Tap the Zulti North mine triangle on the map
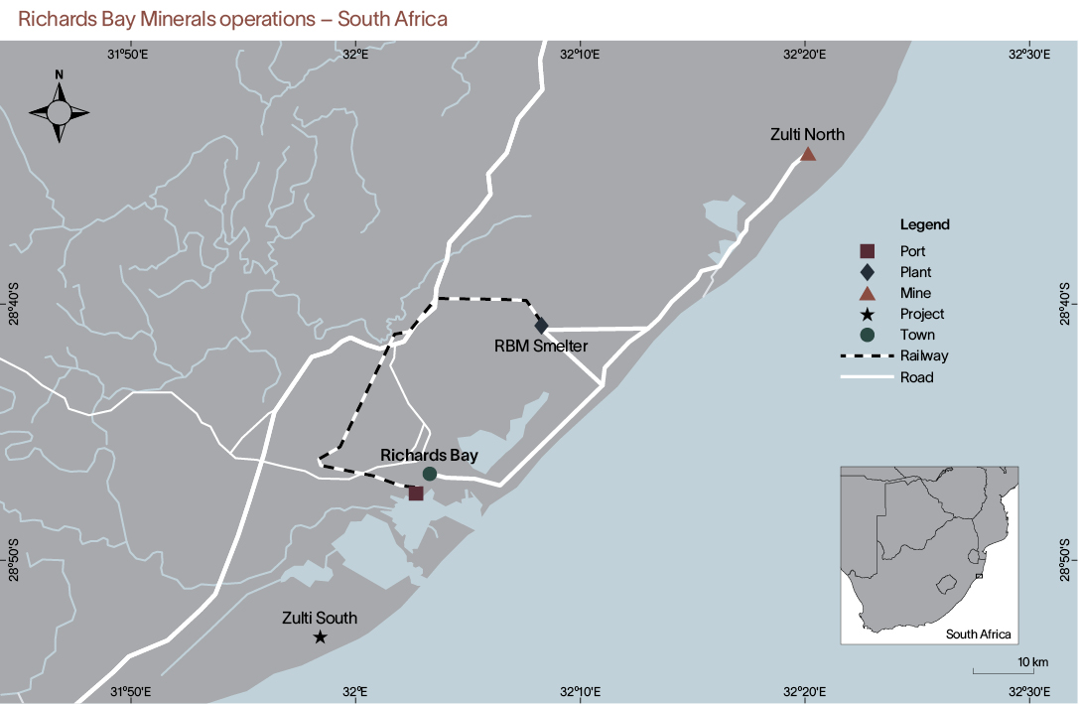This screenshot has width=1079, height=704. pyautogui.click(x=808, y=154)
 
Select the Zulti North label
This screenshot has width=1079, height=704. pyautogui.click(x=807, y=134)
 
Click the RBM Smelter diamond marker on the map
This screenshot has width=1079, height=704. pyautogui.click(x=541, y=326)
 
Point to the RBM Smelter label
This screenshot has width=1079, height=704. pyautogui.click(x=541, y=346)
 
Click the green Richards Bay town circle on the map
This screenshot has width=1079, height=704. pyautogui.click(x=430, y=474)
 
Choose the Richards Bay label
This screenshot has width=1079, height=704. pyautogui.click(x=429, y=455)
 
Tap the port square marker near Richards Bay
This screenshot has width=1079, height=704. pyautogui.click(x=416, y=493)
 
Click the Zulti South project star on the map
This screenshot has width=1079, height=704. pyautogui.click(x=320, y=636)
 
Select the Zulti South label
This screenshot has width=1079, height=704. pyautogui.click(x=319, y=618)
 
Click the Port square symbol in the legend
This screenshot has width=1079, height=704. pyautogui.click(x=867, y=250)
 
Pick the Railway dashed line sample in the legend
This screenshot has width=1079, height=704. pyautogui.click(x=867, y=355)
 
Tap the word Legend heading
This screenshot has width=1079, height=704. pyautogui.click(x=925, y=224)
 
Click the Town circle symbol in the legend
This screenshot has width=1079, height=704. pyautogui.click(x=867, y=335)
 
